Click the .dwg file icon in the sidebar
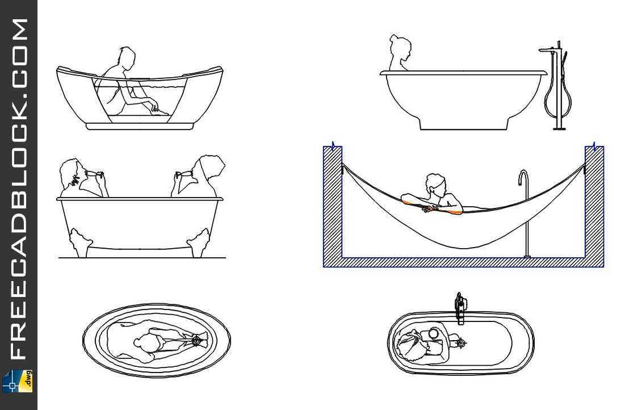pos(18,382)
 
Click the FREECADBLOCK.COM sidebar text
pos(19,189)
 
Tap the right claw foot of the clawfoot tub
pos(198,242)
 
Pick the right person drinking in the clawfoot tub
pos(199,176)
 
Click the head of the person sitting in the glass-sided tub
pos(127,58)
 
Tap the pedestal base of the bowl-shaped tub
pos(463,123)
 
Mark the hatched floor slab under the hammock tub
pos(463,262)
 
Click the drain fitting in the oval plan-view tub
pos(197,340)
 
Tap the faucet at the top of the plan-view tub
pos(459,309)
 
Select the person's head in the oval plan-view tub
pos(145,342)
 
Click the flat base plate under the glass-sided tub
pos(140,127)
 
